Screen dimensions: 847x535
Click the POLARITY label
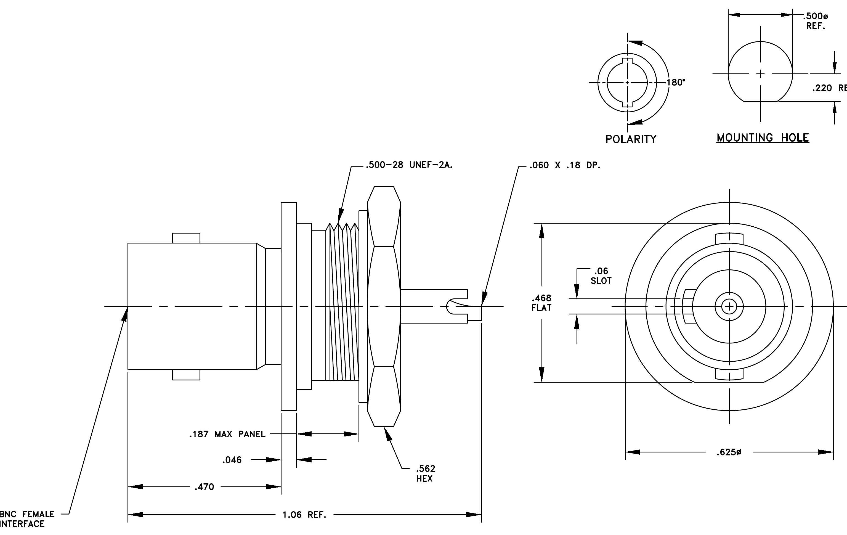(631, 139)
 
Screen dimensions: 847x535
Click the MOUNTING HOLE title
(763, 137)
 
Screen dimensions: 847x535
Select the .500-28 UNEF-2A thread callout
(409, 165)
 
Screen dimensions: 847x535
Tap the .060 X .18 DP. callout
(565, 165)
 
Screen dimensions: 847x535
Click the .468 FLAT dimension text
(541, 303)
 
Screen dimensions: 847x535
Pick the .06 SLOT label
(601, 276)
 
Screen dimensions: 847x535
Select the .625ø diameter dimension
(729, 452)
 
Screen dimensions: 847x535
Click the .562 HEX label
(425, 473)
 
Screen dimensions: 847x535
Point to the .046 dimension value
(232, 460)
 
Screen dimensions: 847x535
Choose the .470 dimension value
(204, 487)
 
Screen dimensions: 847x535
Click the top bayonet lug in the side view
(186, 238)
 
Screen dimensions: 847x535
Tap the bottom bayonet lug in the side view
(186, 375)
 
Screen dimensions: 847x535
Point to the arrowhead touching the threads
(340, 215)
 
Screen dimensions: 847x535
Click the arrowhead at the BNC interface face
(124, 314)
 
